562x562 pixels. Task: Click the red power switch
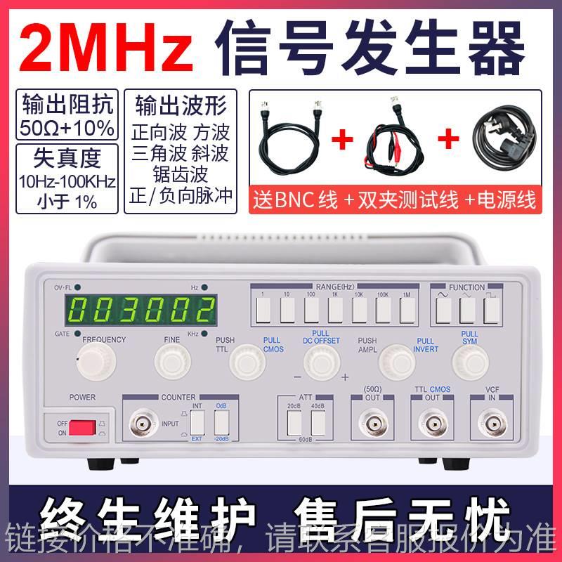82,427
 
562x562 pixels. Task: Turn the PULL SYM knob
469,361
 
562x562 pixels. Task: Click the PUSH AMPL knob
396,361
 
